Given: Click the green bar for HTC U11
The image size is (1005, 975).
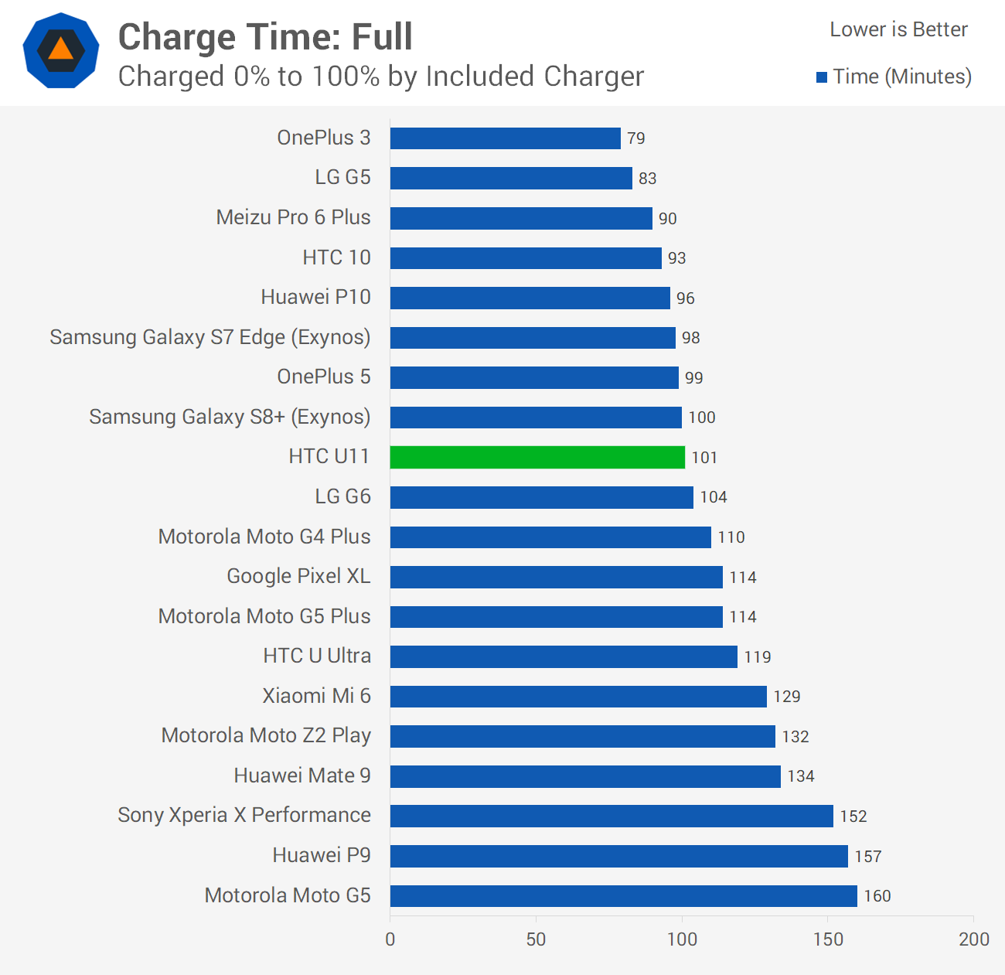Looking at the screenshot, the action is pos(537,457).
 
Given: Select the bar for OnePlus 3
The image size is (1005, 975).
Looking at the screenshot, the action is pos(505,138).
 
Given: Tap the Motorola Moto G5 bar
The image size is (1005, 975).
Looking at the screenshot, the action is pos(623,895).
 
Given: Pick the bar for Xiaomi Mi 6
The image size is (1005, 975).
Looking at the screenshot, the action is pos(578,696).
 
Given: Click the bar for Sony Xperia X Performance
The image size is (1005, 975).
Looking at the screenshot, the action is pos(612,816).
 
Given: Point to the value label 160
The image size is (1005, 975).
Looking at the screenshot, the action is pos(877,896).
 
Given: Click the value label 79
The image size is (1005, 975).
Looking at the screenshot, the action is pos(635,138).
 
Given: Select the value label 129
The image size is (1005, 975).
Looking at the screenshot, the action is pos(786,697).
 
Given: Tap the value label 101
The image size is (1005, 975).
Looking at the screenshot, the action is pos(704,458).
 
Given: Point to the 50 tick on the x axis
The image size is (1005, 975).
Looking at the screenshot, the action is pos(536,939).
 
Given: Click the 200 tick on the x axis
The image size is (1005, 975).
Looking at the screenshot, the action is pos(974,939).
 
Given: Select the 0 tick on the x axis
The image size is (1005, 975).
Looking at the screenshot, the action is pos(390,939).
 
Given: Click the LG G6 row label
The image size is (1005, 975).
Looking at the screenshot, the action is pos(343,497).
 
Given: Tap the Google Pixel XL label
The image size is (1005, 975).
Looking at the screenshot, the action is pos(299,576).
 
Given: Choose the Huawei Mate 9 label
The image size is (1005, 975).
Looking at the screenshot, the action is pos(302,776).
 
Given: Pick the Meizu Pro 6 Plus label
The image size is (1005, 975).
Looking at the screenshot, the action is pos(293,217).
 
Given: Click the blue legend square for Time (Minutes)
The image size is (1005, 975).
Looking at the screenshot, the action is pos(822,77).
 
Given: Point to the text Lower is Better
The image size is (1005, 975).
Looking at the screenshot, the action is pos(898,29).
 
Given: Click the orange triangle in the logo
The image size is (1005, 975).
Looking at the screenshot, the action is pos(61,48).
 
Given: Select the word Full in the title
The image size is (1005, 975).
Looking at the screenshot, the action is pos(382,36).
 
